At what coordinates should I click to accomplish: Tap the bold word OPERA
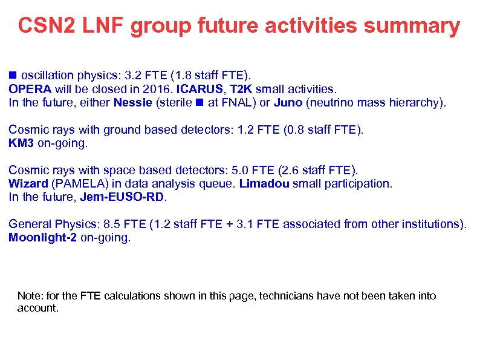30,89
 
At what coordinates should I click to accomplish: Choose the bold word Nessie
132,102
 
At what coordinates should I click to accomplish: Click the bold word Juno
288,102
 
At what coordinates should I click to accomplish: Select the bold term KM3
21,143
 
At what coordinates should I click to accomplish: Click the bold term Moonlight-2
43,238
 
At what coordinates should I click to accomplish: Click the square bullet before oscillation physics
13,76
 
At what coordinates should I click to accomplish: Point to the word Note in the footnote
28,296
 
